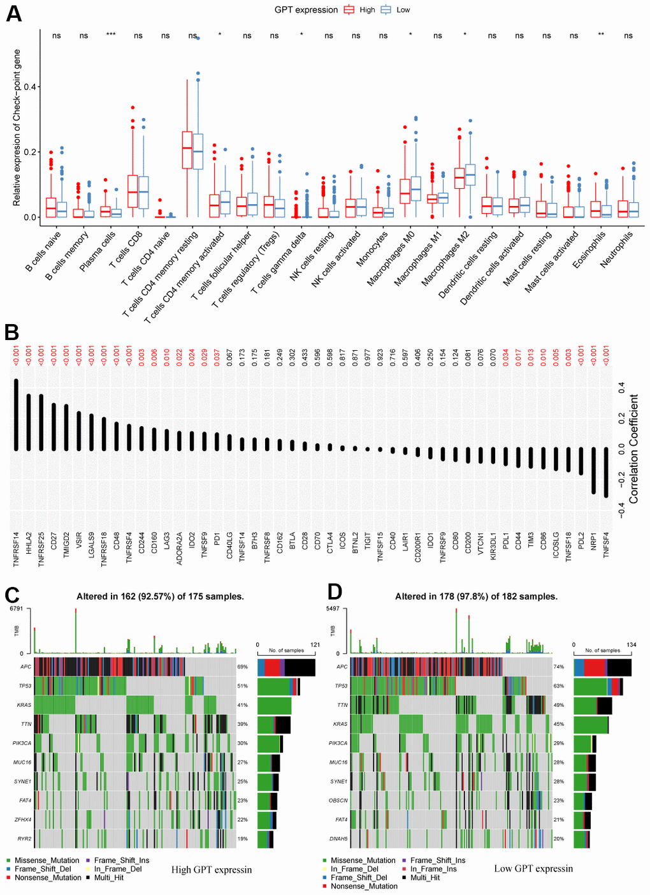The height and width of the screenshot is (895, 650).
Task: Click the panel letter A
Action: click(x=13, y=14)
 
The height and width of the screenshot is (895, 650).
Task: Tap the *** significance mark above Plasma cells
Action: click(x=111, y=35)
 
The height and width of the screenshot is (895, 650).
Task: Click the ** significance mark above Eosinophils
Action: click(x=601, y=35)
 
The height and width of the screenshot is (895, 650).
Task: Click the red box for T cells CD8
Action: click(x=133, y=191)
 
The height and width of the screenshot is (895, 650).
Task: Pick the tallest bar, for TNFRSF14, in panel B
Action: click(x=16, y=415)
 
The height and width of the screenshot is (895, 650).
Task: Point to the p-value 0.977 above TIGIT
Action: click(x=368, y=357)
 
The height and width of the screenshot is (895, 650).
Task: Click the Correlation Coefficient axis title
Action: click(x=633, y=449)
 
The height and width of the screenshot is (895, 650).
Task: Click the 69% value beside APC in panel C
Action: click(x=242, y=667)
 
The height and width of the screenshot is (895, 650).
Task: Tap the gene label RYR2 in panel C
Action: click(x=24, y=839)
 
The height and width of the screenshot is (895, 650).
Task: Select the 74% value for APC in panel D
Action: click(x=559, y=667)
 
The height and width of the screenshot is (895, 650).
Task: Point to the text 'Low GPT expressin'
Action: click(x=533, y=869)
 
